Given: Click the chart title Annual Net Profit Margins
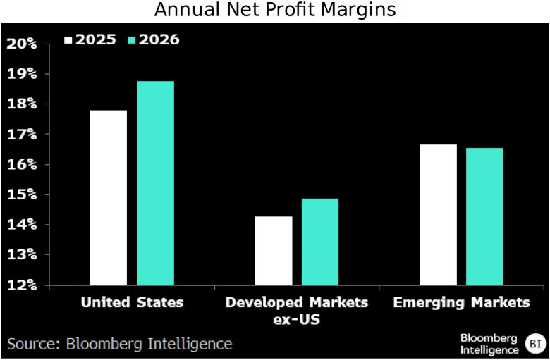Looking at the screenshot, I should tap(275, 11).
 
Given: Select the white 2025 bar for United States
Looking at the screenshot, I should tap(109, 197).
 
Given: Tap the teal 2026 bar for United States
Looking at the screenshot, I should tap(155, 183).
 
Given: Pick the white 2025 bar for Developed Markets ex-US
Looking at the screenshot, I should tap(273, 250).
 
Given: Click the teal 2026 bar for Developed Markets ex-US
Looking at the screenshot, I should tap(319, 242).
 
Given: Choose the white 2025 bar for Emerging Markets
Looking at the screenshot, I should tap(438, 214).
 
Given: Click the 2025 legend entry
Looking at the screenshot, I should tap(91, 39).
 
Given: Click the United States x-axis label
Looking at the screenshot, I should tap(132, 302).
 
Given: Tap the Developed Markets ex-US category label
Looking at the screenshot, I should tap(296, 309).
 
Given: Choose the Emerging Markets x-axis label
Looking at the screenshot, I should tap(461, 302).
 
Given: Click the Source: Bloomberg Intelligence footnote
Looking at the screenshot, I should tap(120, 344).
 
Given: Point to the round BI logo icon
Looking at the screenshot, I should tap(534, 344).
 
